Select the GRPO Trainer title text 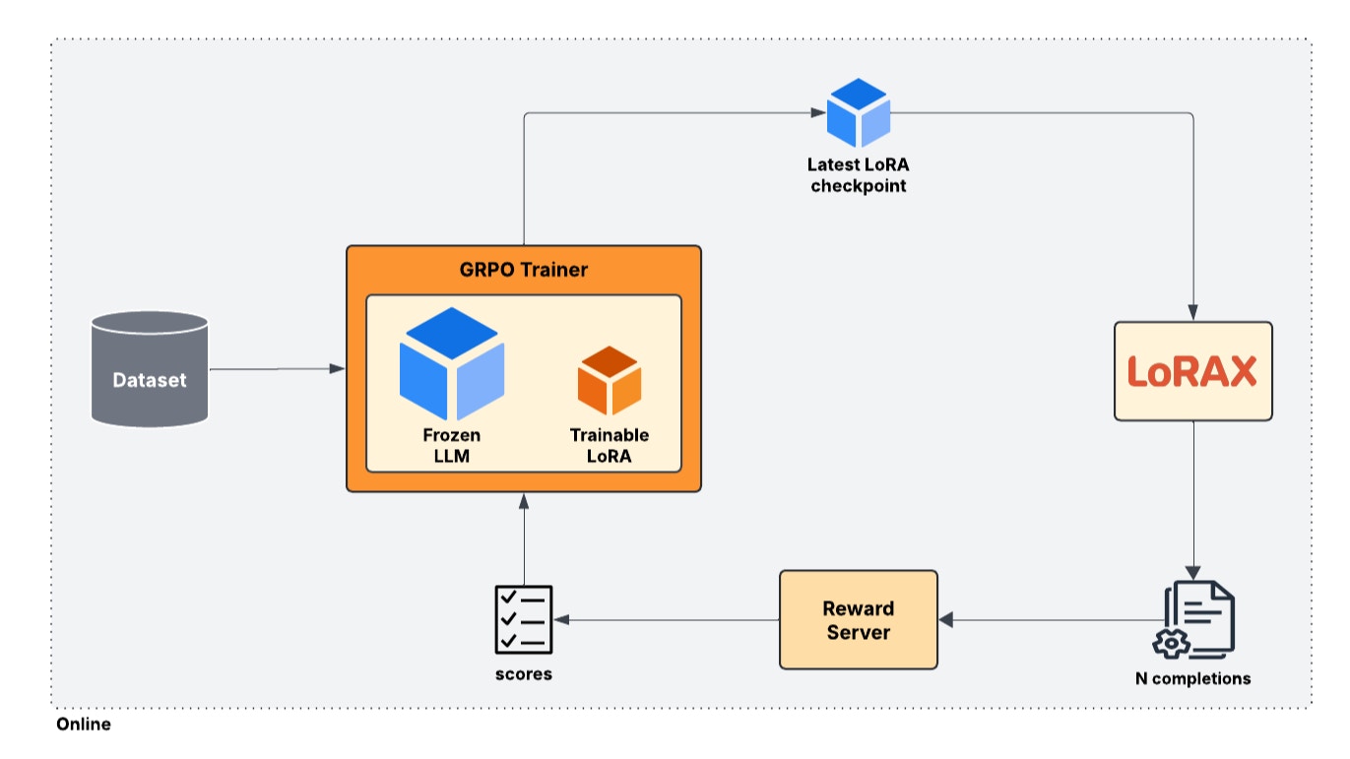(x=523, y=269)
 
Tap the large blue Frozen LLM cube (x=452, y=364)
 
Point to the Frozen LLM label (x=452, y=445)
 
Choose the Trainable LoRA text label (x=609, y=445)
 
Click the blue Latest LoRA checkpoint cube (x=858, y=112)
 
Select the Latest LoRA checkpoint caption (x=858, y=175)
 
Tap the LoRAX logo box (x=1192, y=372)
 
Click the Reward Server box (x=858, y=620)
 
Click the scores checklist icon (x=523, y=619)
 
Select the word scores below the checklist (x=523, y=674)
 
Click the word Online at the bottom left (x=84, y=725)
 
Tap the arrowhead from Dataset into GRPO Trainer (x=338, y=368)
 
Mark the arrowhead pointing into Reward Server (x=946, y=620)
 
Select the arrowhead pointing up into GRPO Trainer (x=524, y=501)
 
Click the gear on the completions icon (x=1170, y=642)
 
